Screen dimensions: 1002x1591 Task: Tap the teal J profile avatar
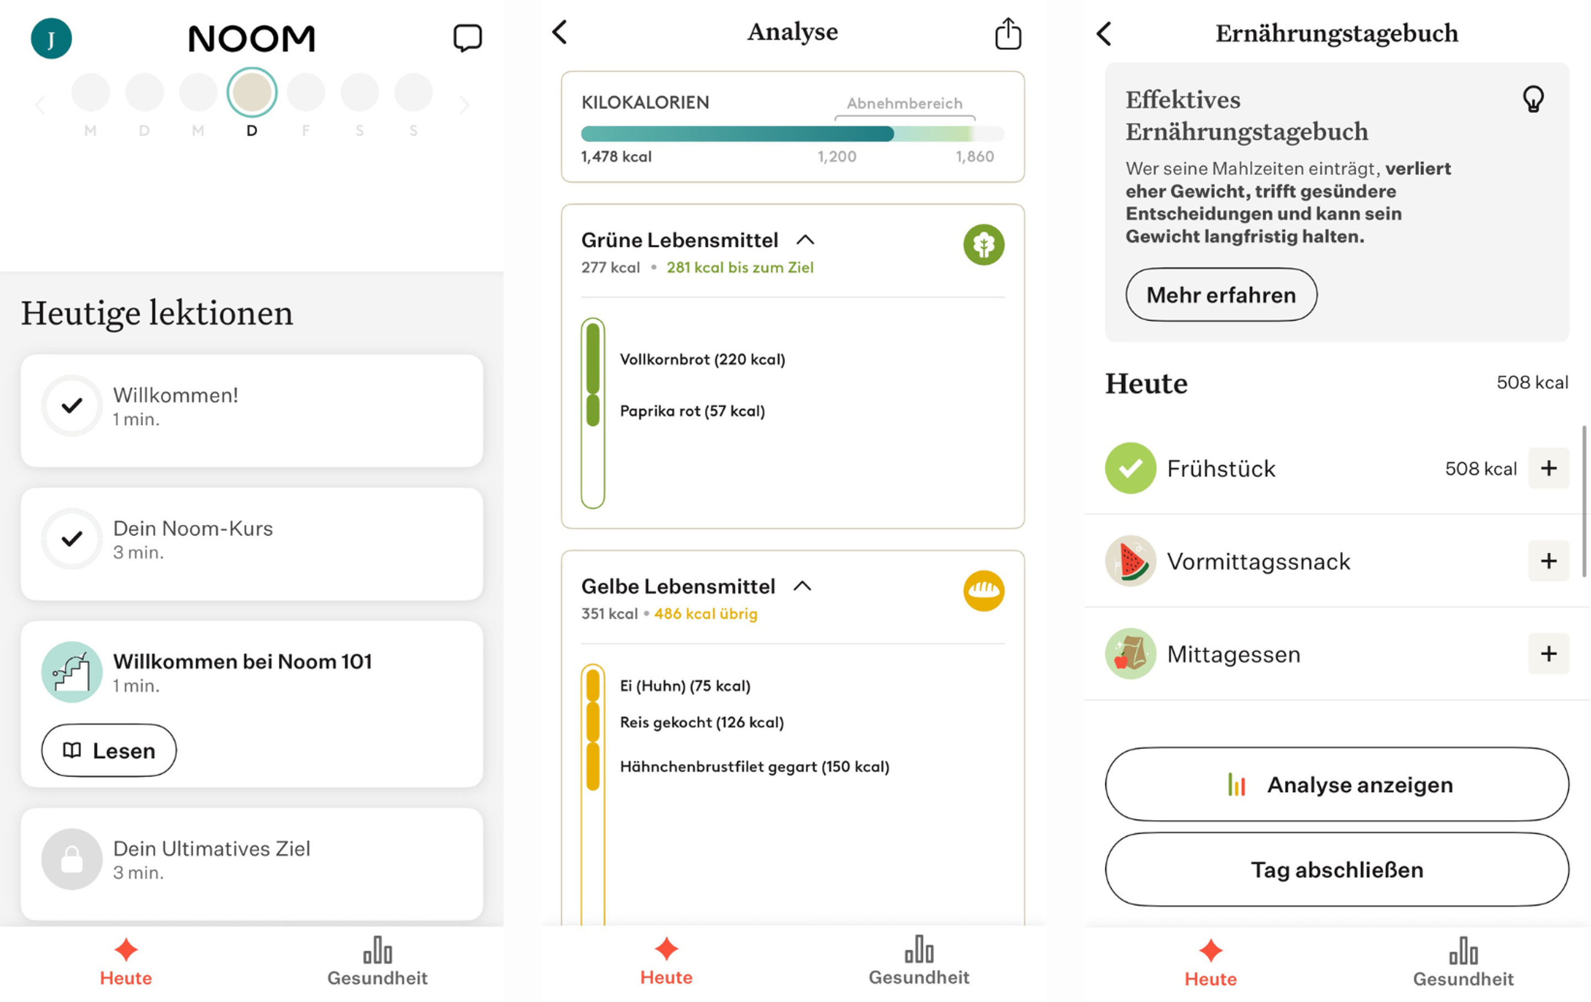coord(51,38)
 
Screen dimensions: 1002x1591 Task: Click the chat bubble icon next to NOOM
coord(467,38)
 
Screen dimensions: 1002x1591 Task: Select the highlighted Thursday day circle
coord(252,92)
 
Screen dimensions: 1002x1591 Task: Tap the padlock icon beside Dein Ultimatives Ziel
coord(71,859)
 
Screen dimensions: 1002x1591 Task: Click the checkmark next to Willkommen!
coord(71,405)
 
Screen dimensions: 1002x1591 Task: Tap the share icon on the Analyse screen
coord(1008,34)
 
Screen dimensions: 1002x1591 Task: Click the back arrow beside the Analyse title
coord(560,31)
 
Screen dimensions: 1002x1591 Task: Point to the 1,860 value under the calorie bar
coord(974,156)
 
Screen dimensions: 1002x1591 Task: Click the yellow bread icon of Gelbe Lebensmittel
coord(983,590)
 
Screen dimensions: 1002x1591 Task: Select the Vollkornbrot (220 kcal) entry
coord(702,360)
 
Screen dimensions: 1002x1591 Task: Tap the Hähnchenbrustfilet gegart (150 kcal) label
coord(754,766)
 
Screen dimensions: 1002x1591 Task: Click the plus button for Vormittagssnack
coord(1548,561)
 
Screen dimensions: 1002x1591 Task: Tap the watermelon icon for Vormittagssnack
coord(1130,561)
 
